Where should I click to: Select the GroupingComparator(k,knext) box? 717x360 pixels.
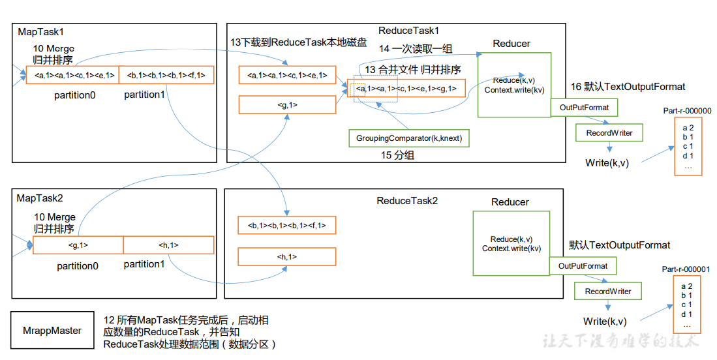pos(408,138)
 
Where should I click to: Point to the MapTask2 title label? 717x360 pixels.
pos(40,197)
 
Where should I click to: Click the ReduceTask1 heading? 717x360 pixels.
pos(409,31)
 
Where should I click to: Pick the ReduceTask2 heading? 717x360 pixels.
pos(408,201)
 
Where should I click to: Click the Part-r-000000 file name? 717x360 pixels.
pos(687,111)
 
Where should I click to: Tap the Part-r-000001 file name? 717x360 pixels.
pos(686,269)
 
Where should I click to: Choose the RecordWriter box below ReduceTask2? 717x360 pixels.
pos(607,291)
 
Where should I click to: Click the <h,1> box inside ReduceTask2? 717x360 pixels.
pos(287,257)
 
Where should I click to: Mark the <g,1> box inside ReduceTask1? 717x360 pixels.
pos(287,104)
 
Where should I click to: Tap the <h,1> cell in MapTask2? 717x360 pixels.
pos(168,245)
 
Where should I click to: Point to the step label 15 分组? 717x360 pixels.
pos(398,155)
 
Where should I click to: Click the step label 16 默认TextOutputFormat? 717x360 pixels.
pos(628,87)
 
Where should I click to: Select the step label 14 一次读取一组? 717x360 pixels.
pos(416,49)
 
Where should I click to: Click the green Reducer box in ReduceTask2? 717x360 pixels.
pos(511,243)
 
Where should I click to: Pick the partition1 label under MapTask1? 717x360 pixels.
pos(144,95)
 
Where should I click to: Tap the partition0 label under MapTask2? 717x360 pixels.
pos(77,265)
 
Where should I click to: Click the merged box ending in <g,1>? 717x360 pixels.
pos(406,88)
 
